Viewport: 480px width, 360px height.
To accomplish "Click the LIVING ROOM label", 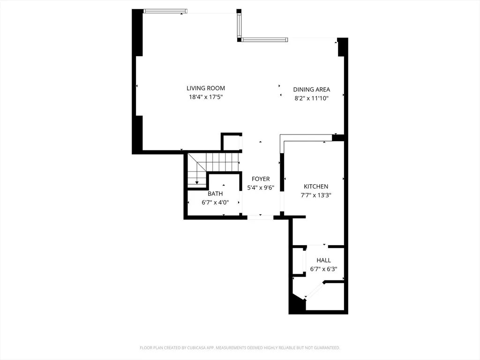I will (x=206, y=88).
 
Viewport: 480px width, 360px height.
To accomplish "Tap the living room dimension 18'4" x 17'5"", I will (x=206, y=97).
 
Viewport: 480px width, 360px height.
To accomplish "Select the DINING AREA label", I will (x=312, y=90).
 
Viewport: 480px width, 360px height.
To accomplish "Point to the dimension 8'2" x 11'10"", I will (x=312, y=98).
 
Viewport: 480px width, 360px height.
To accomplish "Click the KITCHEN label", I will (x=316, y=187).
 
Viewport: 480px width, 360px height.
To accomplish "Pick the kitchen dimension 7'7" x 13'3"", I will (x=316, y=195).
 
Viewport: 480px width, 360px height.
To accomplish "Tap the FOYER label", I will (x=261, y=179).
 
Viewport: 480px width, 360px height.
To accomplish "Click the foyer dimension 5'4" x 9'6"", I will (x=261, y=188).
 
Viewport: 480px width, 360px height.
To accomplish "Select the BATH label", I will (x=215, y=194).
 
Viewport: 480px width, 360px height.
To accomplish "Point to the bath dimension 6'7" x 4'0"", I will (x=215, y=202).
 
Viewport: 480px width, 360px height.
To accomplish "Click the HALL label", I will (x=323, y=261).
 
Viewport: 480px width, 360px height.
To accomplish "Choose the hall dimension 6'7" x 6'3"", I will (x=323, y=270).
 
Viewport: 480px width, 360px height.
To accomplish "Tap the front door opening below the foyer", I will (x=260, y=217).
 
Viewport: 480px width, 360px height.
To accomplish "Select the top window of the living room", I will (x=166, y=12).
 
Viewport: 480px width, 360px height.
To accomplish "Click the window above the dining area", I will (x=265, y=40).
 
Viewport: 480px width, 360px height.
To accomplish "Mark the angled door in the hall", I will (x=315, y=290).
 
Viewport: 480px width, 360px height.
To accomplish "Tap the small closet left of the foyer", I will (x=231, y=142).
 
